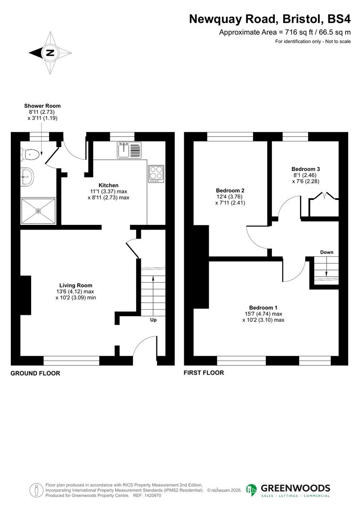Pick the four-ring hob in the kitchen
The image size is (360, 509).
[156, 173]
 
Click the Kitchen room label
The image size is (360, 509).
[108, 185]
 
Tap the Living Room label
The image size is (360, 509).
[75, 285]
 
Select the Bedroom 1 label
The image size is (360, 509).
[263, 308]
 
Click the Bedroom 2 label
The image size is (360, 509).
[230, 191]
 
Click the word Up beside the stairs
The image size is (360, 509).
[153, 320]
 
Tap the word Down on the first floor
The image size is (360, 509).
[327, 252]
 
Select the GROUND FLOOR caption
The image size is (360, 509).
[35, 373]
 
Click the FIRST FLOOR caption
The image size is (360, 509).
[204, 373]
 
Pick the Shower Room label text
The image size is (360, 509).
[42, 106]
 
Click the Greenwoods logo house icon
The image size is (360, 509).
[252, 490]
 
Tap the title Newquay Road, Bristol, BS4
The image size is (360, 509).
[270, 19]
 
